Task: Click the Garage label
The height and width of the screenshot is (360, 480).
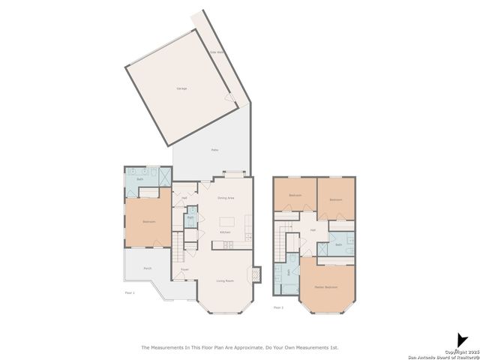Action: (181, 88)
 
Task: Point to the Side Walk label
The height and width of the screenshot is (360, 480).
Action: (214, 52)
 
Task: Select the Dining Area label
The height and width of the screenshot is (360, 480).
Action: (226, 198)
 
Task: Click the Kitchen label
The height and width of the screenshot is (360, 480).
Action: (225, 232)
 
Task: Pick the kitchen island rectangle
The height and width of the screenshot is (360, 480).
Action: (226, 222)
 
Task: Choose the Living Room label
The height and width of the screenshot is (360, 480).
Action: (225, 280)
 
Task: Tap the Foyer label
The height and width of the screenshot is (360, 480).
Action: (184, 268)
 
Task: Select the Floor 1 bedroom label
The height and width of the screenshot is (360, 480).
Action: (148, 221)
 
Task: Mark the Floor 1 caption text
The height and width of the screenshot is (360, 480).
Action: (129, 292)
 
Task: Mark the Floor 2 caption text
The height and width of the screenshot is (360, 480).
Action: (278, 307)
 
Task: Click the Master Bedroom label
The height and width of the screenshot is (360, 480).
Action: (325, 287)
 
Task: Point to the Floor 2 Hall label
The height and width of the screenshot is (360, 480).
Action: (313, 230)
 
